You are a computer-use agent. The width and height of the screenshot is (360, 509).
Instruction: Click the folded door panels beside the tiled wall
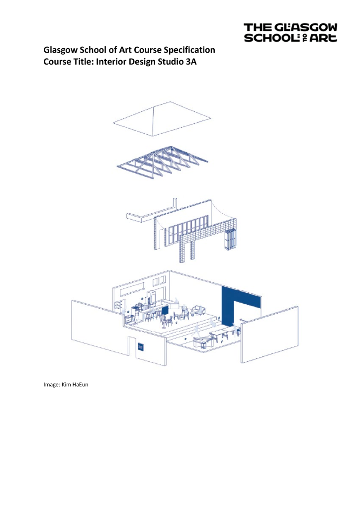(x=230, y=240)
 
